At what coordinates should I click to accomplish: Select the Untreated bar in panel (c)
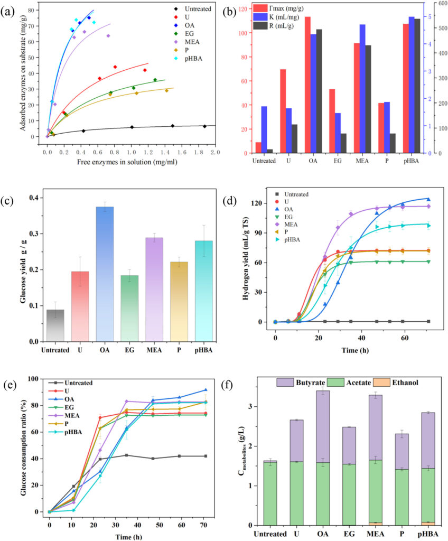pyautogui.click(x=55, y=325)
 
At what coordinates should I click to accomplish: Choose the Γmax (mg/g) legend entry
pyautogui.click(x=285, y=8)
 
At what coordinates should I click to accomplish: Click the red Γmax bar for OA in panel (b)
pyautogui.click(x=307, y=85)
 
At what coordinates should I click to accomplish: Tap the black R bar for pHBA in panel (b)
pyautogui.click(x=417, y=86)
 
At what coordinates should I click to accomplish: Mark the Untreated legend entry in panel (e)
pyautogui.click(x=79, y=383)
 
